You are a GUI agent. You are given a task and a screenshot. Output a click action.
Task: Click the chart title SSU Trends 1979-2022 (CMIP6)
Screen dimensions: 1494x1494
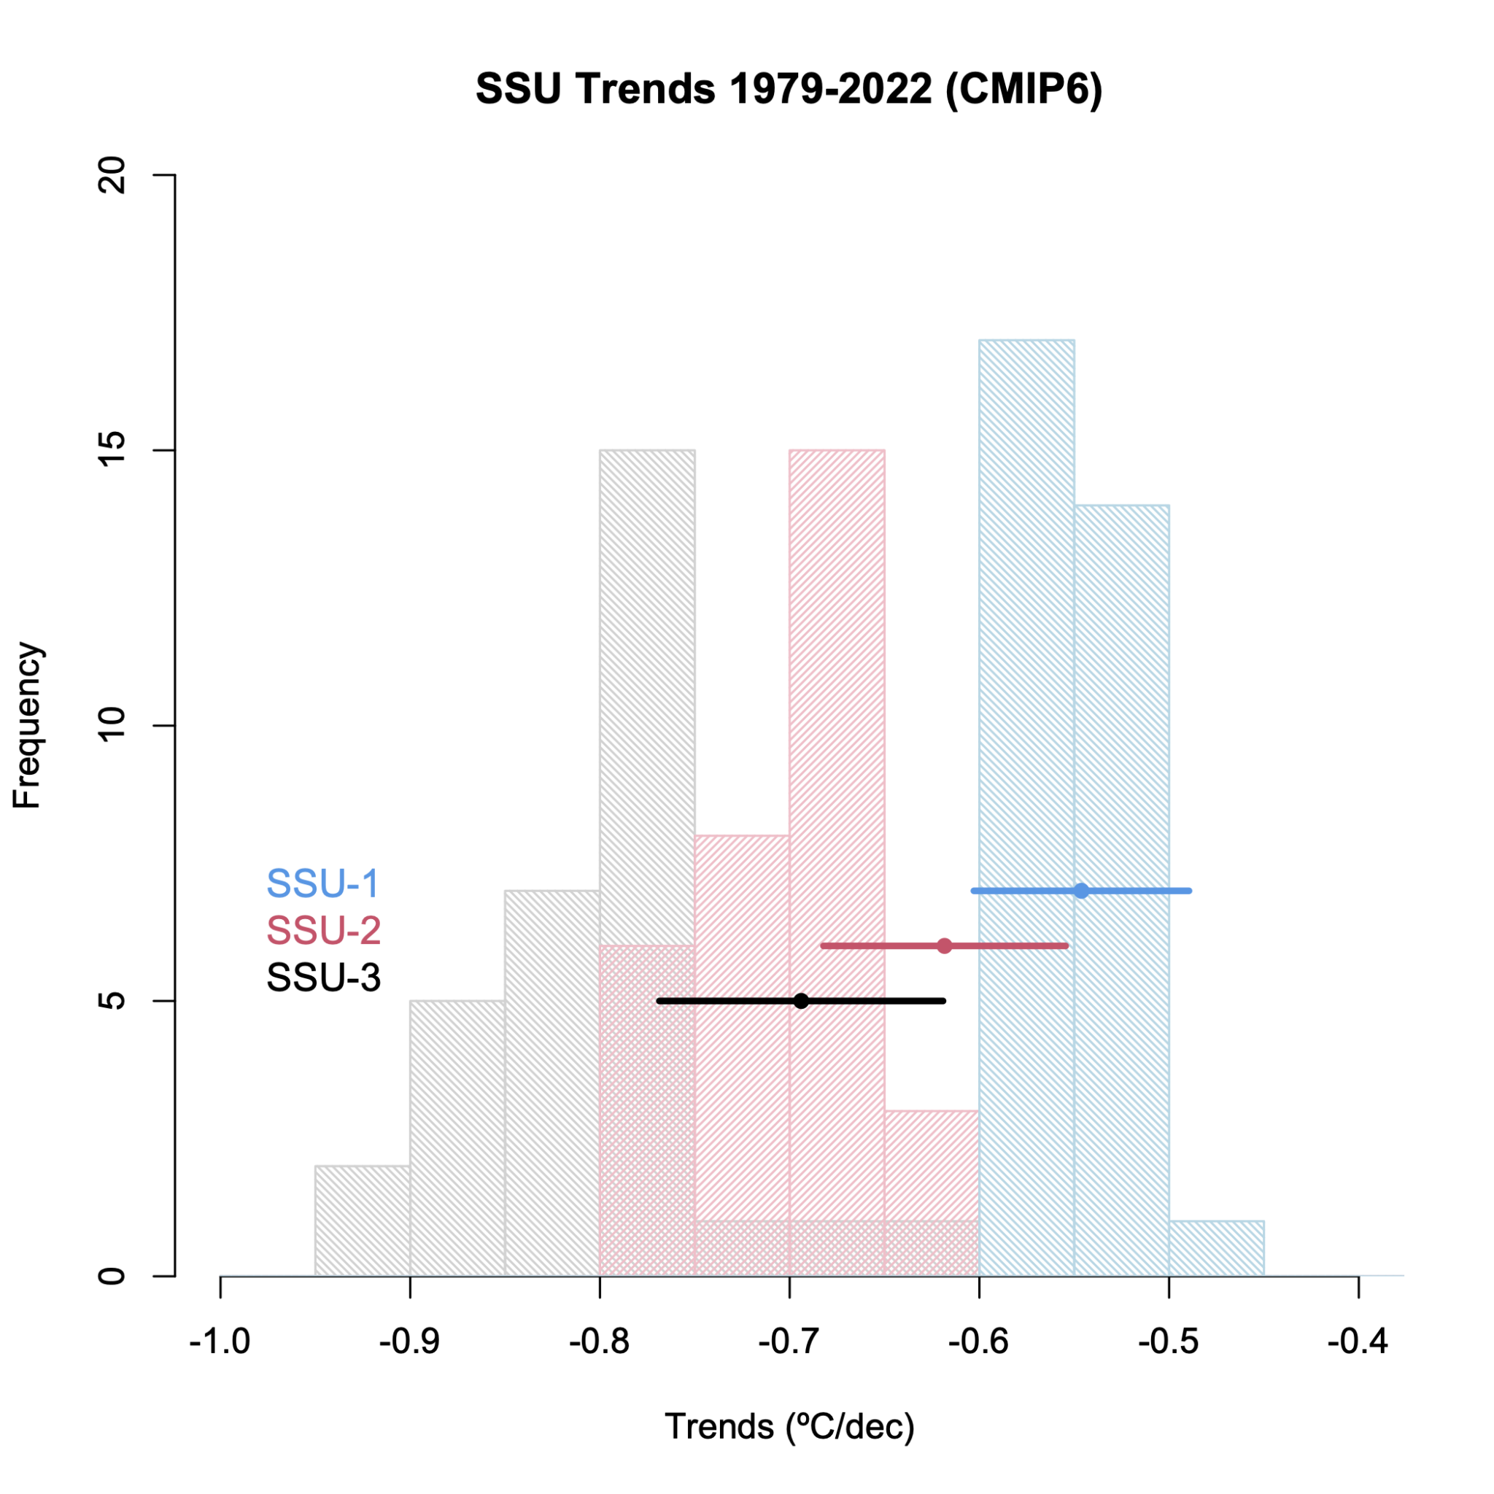click(789, 90)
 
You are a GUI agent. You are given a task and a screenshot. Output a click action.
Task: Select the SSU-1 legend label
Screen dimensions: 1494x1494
click(322, 884)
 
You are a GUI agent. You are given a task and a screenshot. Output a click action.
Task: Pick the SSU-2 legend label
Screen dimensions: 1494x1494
click(323, 930)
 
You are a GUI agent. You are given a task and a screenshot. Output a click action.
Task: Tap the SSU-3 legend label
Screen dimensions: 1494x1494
click(323, 978)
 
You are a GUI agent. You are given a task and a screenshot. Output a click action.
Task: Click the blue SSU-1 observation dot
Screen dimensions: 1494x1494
click(1081, 891)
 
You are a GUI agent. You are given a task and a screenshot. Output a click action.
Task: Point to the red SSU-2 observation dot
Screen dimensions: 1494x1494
click(944, 945)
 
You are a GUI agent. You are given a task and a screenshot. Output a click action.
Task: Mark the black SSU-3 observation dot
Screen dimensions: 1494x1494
click(801, 1001)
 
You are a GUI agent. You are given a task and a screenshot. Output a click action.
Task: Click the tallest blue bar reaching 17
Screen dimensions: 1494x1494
click(1026, 619)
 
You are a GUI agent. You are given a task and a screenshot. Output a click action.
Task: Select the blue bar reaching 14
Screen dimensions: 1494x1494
click(1121, 696)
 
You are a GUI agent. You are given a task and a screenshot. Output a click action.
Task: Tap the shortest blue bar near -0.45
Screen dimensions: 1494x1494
click(1216, 1248)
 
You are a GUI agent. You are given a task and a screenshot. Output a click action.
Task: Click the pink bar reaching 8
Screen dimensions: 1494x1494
click(742, 1005)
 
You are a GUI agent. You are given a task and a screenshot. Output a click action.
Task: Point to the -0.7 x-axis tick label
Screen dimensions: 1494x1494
click(789, 1342)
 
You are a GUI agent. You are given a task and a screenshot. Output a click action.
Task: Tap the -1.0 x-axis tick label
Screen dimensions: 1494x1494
click(220, 1342)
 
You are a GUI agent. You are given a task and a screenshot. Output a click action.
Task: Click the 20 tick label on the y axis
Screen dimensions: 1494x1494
click(113, 176)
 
